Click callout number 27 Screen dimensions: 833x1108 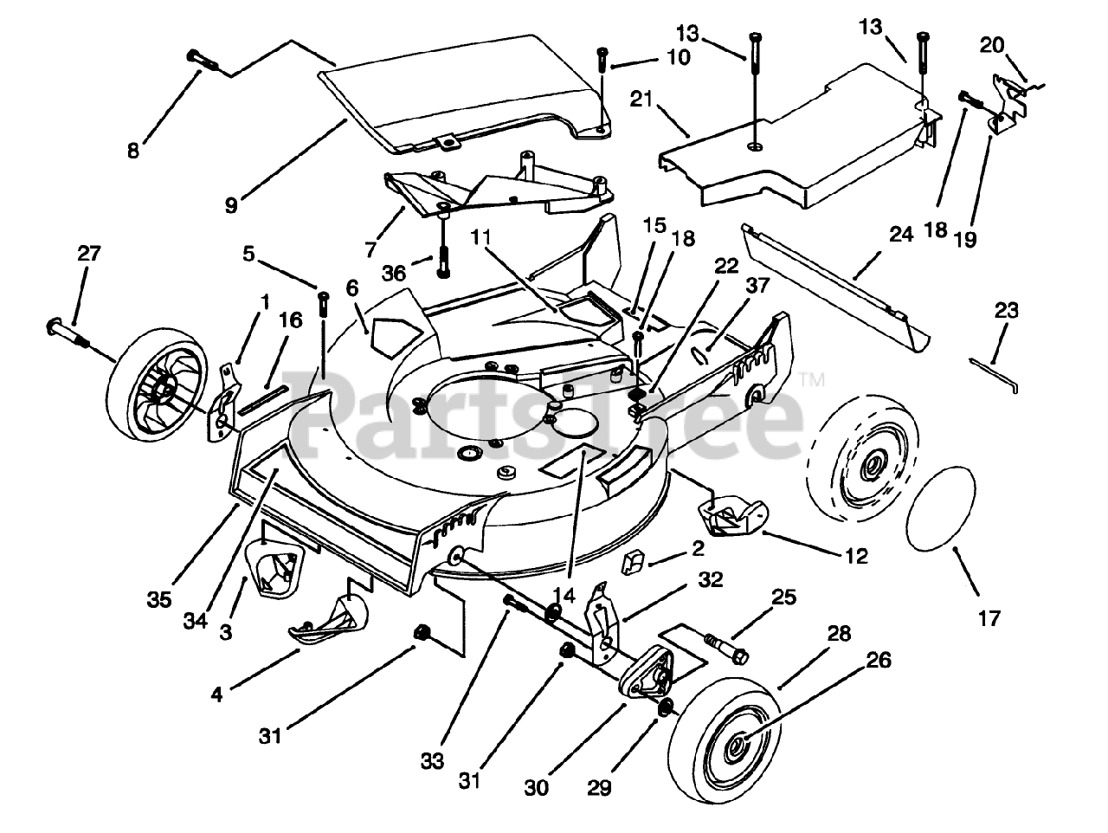(88, 255)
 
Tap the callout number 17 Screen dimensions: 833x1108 (989, 618)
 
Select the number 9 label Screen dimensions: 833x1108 (230, 205)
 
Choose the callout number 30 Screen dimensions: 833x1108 (538, 789)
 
